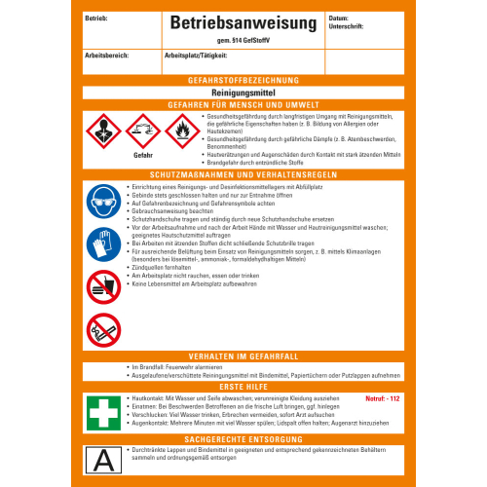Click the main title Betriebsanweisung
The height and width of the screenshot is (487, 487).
point(243,21)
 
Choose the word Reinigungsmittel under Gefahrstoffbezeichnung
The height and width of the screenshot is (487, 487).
point(243,92)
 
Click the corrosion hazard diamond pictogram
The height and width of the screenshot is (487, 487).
point(143,129)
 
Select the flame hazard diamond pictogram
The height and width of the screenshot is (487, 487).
point(181,129)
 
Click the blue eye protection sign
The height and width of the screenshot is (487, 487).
point(104,200)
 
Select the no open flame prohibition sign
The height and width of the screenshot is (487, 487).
point(104,331)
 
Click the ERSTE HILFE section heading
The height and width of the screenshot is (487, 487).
point(243,386)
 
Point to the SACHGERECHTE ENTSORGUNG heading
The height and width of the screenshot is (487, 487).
point(243,439)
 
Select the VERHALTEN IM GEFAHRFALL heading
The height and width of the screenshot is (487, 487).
point(243,356)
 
